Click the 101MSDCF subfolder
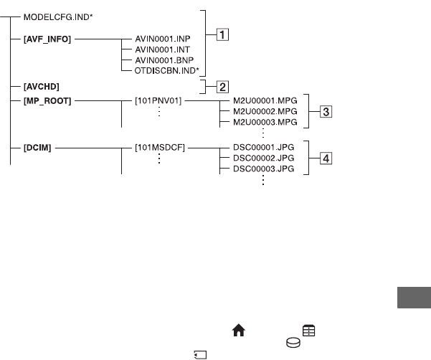160,148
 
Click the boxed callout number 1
224,34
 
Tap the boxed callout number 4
326,158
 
